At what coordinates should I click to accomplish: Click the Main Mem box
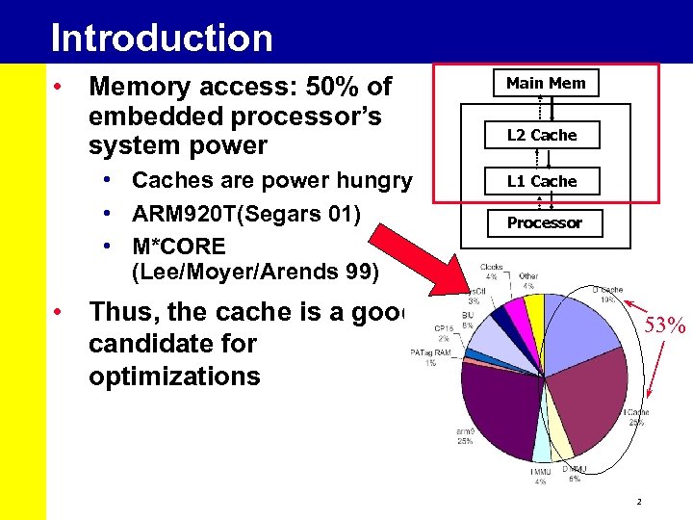click(x=546, y=83)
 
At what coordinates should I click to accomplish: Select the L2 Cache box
click(x=542, y=135)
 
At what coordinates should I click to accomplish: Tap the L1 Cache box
click(x=542, y=181)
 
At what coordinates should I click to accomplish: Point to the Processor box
click(x=545, y=222)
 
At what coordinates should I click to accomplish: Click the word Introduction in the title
click(x=162, y=38)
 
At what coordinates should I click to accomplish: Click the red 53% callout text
click(x=664, y=325)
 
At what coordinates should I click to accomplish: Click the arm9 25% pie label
click(x=465, y=435)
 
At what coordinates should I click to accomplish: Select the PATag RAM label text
click(x=430, y=353)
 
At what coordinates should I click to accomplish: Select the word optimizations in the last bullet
click(x=174, y=376)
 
